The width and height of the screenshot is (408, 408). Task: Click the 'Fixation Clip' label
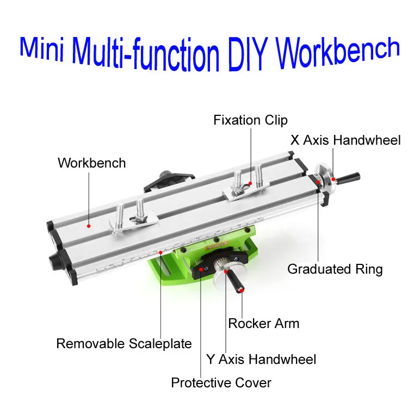(x=250, y=120)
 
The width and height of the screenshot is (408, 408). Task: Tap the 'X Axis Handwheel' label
(x=345, y=140)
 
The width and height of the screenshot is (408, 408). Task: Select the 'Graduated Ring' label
(x=335, y=269)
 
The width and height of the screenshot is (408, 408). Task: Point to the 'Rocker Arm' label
(x=264, y=324)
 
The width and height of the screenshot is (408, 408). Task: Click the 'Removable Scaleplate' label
(x=124, y=343)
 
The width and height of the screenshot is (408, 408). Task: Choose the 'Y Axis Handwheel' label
(x=261, y=360)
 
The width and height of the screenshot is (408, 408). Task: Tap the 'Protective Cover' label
(x=221, y=383)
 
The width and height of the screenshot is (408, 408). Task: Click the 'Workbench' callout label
(x=91, y=163)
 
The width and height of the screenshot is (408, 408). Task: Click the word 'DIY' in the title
(x=248, y=54)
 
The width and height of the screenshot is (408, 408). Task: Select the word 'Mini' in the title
(x=42, y=49)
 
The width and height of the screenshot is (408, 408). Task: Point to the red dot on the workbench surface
(x=89, y=226)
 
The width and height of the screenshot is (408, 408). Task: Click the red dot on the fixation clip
(x=250, y=183)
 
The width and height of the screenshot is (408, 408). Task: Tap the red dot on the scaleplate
(x=161, y=252)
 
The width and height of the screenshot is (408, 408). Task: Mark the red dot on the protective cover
(x=201, y=269)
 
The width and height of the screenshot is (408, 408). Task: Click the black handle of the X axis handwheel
(x=348, y=178)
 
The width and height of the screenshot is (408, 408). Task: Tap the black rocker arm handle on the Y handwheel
(x=236, y=282)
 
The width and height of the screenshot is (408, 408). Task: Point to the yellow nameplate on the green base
(x=217, y=245)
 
